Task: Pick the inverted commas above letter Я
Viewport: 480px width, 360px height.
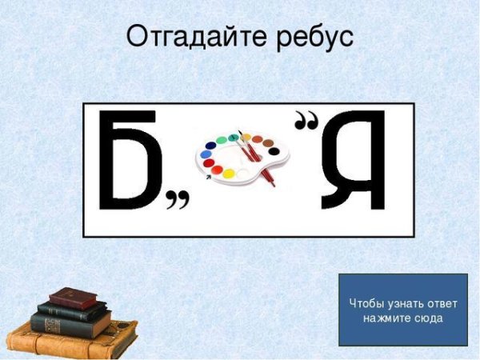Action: pos(306,122)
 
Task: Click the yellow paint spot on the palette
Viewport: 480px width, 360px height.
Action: pos(229,174)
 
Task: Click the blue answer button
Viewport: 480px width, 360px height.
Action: pos(402,310)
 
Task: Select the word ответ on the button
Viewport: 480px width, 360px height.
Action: pos(437,303)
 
